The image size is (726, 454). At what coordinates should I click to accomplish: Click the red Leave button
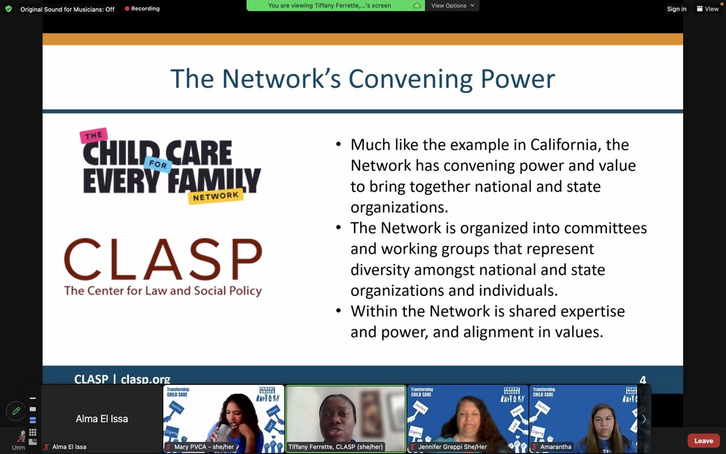(x=703, y=441)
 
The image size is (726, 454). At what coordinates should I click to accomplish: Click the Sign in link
(x=676, y=9)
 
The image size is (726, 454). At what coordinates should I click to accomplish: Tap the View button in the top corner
(x=708, y=9)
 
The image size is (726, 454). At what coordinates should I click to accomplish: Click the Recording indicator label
(x=145, y=9)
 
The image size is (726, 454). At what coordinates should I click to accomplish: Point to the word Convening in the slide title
(x=409, y=79)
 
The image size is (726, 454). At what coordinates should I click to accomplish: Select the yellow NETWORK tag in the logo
(x=215, y=196)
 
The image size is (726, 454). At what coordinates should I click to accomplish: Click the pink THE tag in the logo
(x=93, y=136)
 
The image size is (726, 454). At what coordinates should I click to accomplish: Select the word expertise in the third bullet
(x=586, y=311)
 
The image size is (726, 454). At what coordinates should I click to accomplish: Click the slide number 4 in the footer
(x=643, y=380)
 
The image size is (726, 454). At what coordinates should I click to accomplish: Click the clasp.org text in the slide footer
(x=145, y=380)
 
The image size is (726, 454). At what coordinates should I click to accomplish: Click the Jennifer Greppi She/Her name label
(x=452, y=447)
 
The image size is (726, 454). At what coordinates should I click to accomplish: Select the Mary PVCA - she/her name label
(x=203, y=447)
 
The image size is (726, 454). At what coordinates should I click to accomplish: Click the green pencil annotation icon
(x=16, y=411)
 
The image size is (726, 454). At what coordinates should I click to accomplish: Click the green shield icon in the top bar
(x=8, y=9)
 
